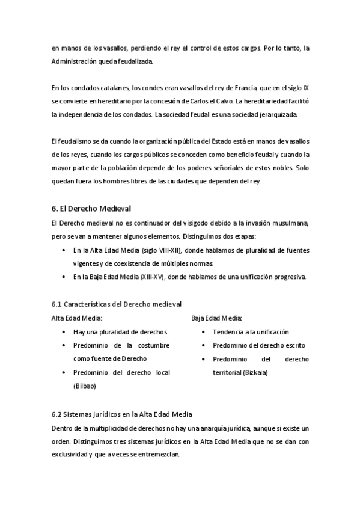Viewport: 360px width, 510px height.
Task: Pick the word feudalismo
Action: pyautogui.click(x=78, y=142)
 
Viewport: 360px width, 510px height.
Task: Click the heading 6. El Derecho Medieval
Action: pyautogui.click(x=91, y=209)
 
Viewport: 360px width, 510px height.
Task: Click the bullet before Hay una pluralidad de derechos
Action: pyautogui.click(x=64, y=332)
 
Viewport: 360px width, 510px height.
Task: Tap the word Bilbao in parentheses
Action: pyautogui.click(x=84, y=386)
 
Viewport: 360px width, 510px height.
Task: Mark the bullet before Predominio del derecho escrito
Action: pyautogui.click(x=204, y=345)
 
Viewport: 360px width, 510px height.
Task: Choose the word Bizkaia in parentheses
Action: pyautogui.click(x=255, y=372)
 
